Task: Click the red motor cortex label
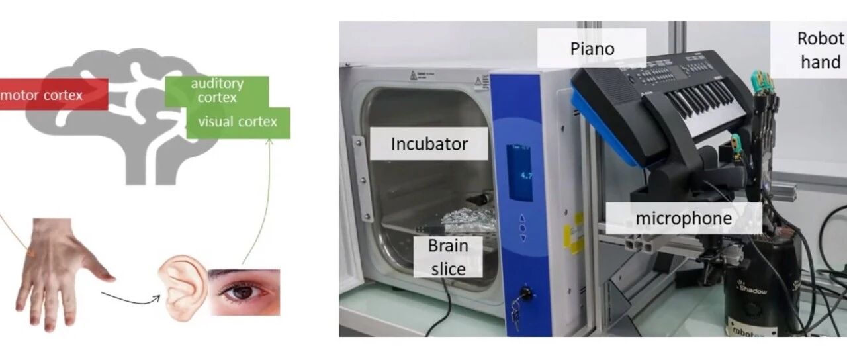pos(54,94)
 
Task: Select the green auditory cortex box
pos(216,91)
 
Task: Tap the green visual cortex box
pos(238,122)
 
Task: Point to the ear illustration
pos(183,288)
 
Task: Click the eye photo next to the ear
pos(245,292)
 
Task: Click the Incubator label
pos(429,144)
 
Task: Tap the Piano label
pos(592,49)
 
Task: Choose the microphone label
pos(684,218)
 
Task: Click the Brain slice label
pos(448,257)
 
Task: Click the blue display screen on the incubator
pos(520,173)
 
